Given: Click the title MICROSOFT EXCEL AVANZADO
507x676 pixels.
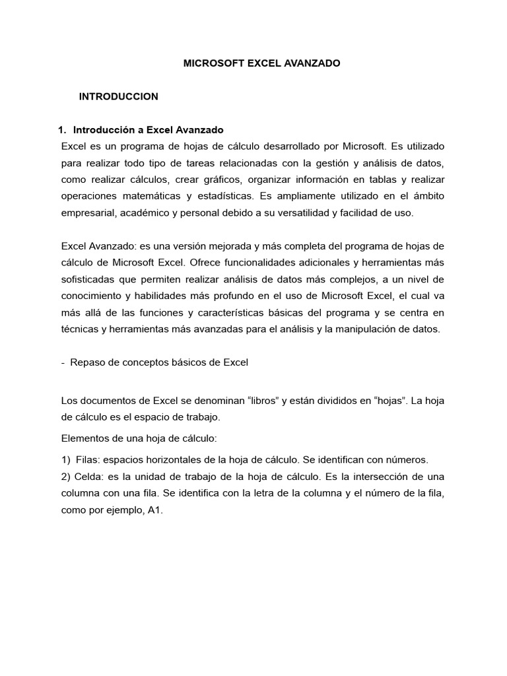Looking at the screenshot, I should (x=261, y=63).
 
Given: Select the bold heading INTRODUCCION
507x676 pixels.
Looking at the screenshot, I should (x=119, y=96).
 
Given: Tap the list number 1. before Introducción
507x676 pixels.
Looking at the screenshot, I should (x=63, y=129).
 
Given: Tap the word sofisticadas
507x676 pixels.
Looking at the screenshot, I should (x=89, y=279).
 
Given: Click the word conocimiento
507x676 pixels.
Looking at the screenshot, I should (x=92, y=295).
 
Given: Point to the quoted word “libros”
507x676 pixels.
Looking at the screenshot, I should (x=263, y=401).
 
